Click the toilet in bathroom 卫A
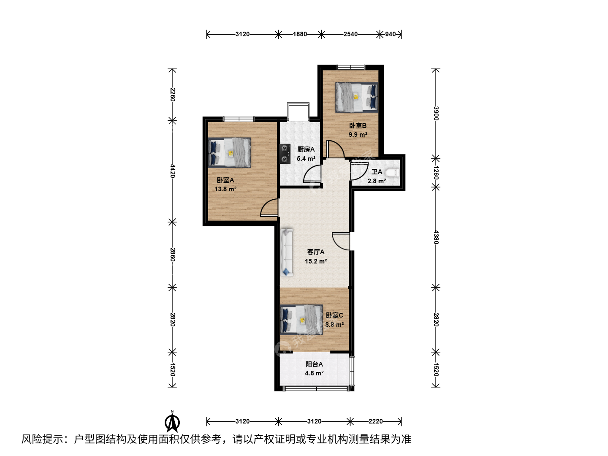click(x=392, y=173)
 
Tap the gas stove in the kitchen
click(x=285, y=154)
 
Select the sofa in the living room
click(x=287, y=252)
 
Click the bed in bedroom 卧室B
click(x=357, y=97)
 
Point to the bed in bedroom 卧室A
click(x=230, y=152)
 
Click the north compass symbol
click(x=172, y=423)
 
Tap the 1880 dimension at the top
click(x=300, y=34)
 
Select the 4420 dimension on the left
click(x=173, y=171)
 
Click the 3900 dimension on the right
click(x=436, y=113)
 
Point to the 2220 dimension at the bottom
click(x=376, y=421)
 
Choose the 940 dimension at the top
click(x=390, y=34)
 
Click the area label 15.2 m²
click(x=316, y=261)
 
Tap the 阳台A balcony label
click(x=314, y=364)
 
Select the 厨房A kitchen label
click(x=306, y=149)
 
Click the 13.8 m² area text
click(x=225, y=189)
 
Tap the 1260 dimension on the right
click(x=436, y=173)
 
